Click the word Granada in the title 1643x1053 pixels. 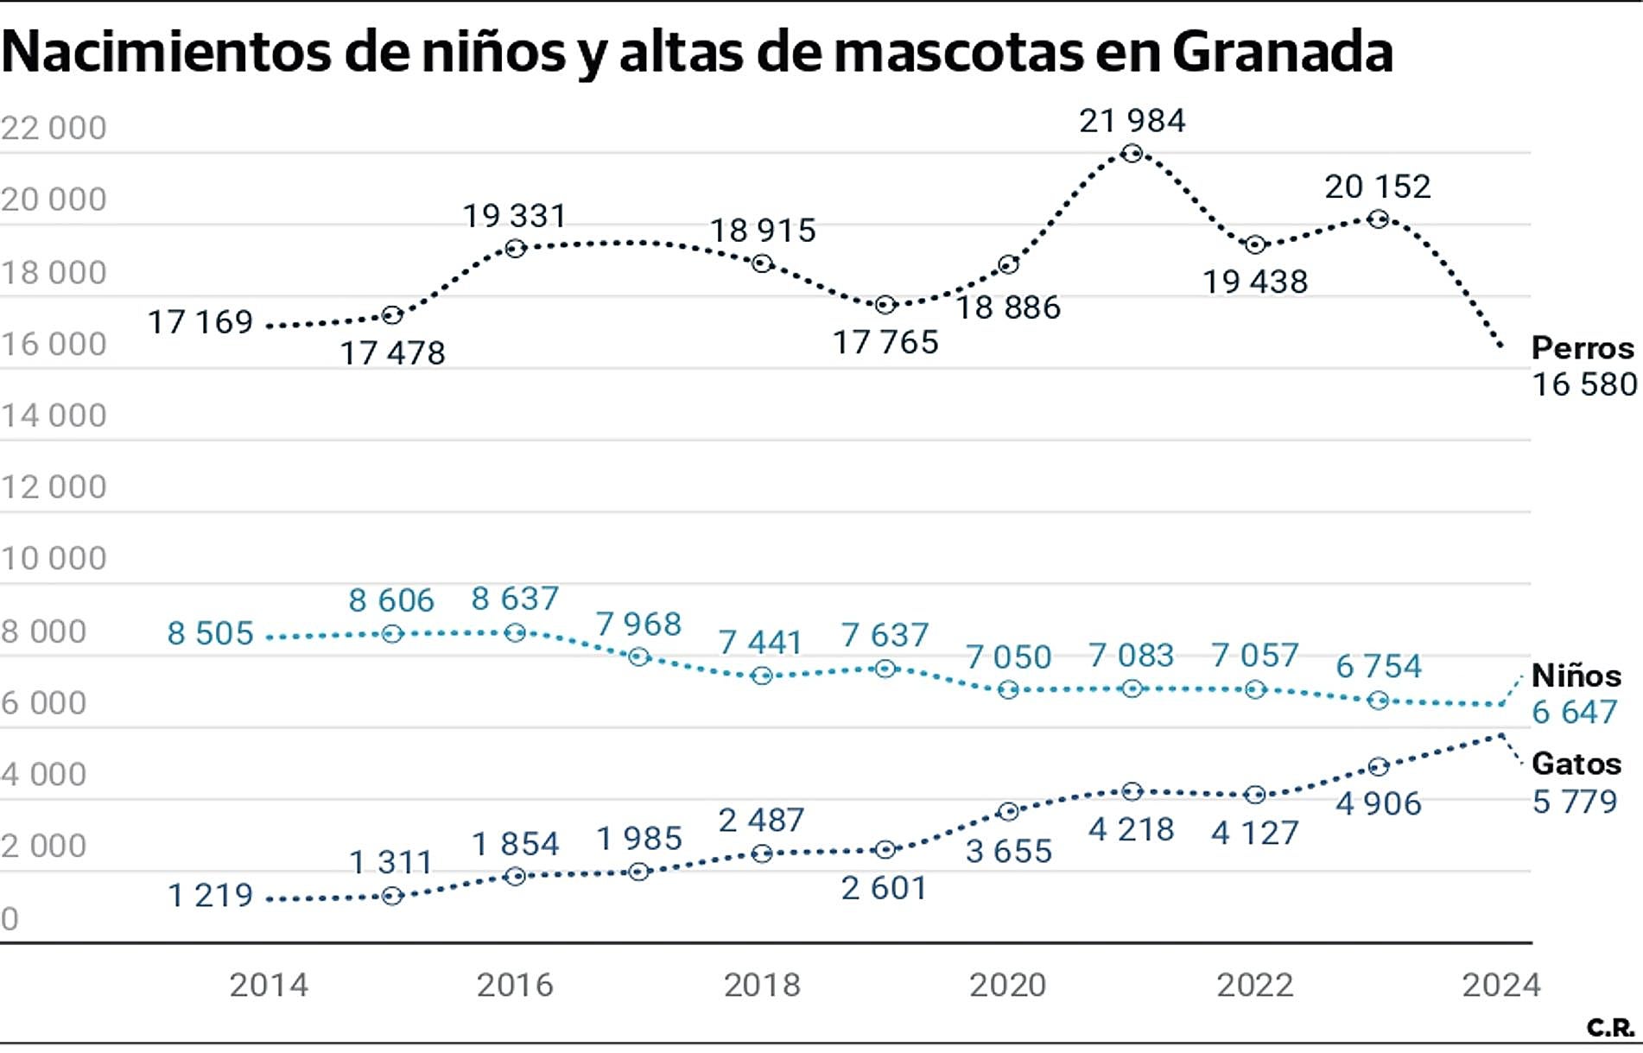[x=1282, y=52]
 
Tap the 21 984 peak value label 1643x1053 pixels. [x=1132, y=121]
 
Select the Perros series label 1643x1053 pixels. [x=1583, y=348]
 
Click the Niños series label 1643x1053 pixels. [x=1576, y=676]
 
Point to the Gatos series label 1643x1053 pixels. [x=1576, y=764]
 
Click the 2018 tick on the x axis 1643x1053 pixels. [x=762, y=985]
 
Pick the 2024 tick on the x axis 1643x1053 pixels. [x=1500, y=985]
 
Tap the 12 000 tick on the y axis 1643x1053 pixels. [x=54, y=487]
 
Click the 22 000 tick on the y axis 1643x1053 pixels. [x=54, y=128]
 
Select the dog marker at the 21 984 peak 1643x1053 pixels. [x=1132, y=154]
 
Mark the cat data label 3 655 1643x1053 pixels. [x=1008, y=852]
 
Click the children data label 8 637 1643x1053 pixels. [x=515, y=599]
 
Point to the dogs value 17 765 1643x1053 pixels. [x=885, y=343]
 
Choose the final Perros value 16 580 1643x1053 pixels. [x=1584, y=384]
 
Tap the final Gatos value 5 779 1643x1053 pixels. [x=1574, y=802]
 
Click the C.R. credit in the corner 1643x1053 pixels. [x=1610, y=1028]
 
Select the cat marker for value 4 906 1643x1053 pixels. [x=1379, y=767]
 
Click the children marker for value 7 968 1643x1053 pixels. [x=638, y=657]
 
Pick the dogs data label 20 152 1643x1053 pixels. [x=1378, y=187]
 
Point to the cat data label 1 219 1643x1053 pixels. [x=210, y=896]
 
